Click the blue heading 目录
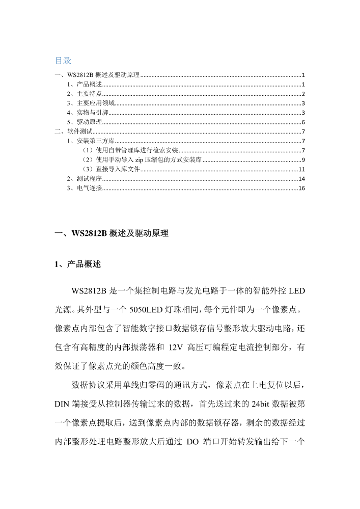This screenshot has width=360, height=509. point(63,61)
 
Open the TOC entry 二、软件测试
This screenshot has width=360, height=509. point(74,131)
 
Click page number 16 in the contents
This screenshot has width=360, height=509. point(301,189)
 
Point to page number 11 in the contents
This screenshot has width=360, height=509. point(301,169)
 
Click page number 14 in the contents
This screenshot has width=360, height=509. point(301,179)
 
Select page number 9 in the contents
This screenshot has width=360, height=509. point(303,160)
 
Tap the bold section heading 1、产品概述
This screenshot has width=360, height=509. point(78,264)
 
